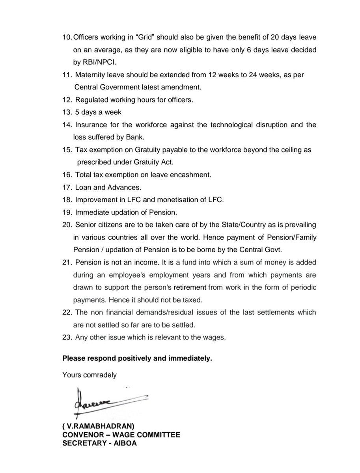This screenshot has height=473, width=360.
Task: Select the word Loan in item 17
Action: click(x=82, y=187)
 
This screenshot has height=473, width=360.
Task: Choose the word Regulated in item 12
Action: click(x=90, y=100)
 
